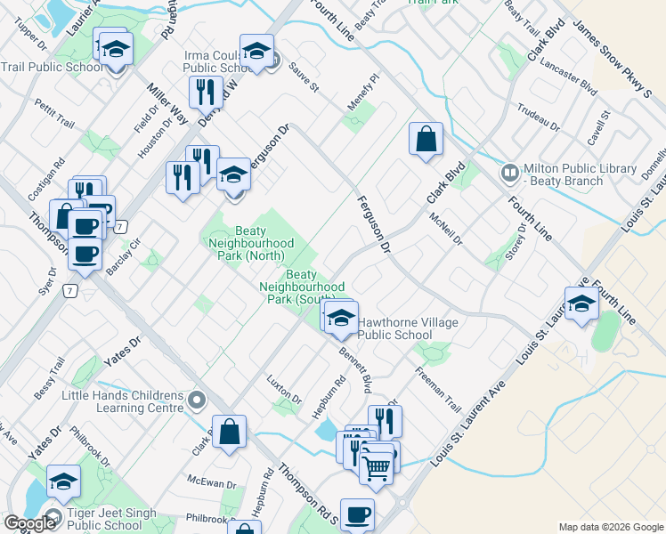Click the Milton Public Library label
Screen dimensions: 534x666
click(581, 174)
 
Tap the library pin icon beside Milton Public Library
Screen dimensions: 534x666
click(511, 172)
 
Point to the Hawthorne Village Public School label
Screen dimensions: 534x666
click(408, 329)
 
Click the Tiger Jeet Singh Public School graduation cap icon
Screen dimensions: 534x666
click(64, 482)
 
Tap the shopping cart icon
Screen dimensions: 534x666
click(377, 465)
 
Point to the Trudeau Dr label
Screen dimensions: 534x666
click(538, 117)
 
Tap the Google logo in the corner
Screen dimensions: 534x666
click(30, 523)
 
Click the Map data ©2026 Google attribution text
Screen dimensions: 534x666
click(610, 527)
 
